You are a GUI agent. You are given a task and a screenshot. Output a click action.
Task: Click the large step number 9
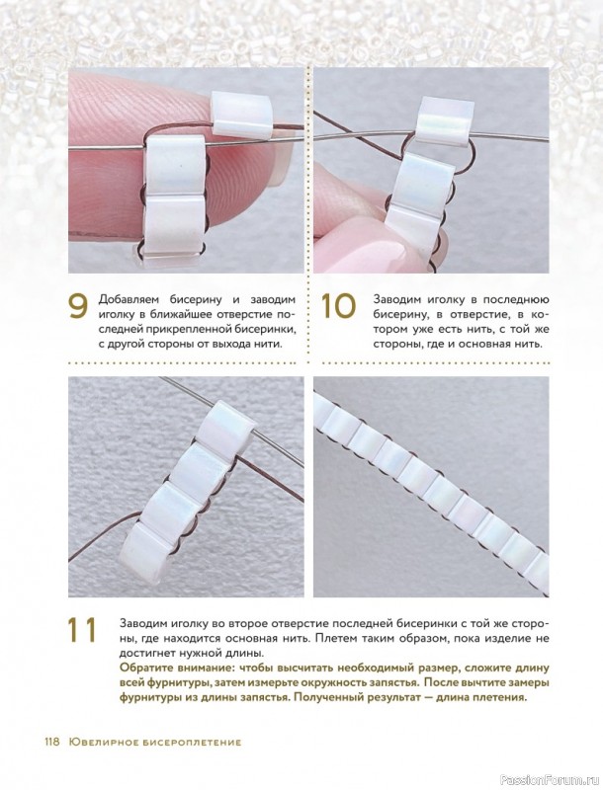pyautogui.click(x=78, y=307)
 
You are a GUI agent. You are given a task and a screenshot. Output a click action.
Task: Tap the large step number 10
pyautogui.click(x=339, y=307)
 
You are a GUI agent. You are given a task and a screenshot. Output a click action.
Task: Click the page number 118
pyautogui.click(x=52, y=742)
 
